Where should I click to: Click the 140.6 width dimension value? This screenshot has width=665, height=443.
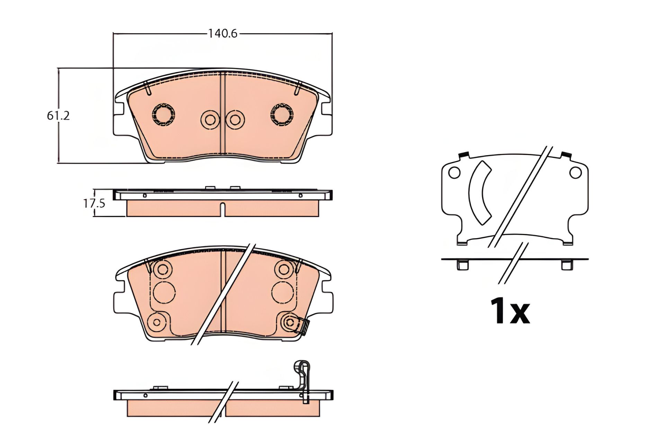222,34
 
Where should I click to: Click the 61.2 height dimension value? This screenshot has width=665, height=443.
58,116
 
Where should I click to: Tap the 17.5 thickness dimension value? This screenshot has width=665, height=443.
94,203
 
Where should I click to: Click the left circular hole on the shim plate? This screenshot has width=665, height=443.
454,173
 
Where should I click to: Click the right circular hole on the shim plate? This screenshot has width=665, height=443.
575,173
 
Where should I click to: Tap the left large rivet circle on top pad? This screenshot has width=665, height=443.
163,114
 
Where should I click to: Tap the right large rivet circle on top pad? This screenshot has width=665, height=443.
282,114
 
